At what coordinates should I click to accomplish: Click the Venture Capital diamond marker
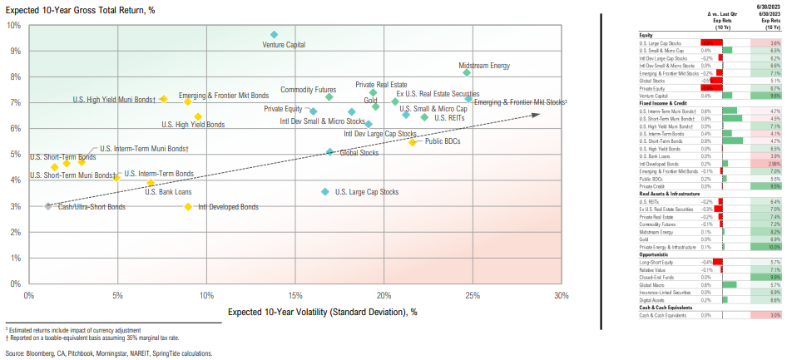point(275,35)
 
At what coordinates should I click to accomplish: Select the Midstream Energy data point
point(467,72)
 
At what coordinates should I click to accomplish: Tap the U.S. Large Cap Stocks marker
point(325,192)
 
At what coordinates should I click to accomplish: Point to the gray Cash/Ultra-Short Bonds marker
point(48,205)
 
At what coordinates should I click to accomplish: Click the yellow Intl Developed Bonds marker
point(189,206)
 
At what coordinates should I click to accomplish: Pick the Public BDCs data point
point(412,142)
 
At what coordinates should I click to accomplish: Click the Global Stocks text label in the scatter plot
point(359,153)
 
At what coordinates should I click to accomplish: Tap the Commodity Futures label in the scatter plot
point(308,90)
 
